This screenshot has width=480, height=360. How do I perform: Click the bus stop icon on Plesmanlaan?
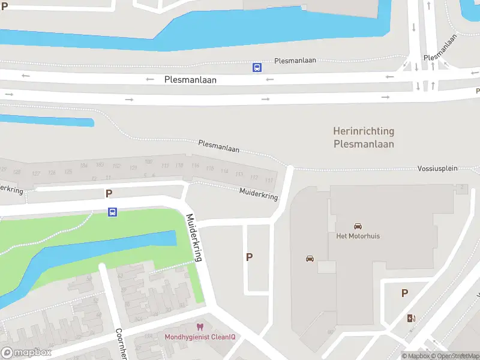(x=257, y=68)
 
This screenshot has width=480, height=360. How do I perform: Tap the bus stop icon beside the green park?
(x=112, y=212)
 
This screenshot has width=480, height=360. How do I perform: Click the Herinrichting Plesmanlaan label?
(x=364, y=137)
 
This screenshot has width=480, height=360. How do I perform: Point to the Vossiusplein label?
(x=437, y=169)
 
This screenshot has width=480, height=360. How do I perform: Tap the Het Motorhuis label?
(x=358, y=236)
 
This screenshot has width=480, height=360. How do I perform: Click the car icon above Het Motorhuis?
(x=358, y=226)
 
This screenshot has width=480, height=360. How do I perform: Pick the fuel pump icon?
(x=411, y=318)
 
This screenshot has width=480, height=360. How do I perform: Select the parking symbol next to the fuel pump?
(x=405, y=293)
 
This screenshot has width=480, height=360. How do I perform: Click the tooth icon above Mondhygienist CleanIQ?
(x=200, y=327)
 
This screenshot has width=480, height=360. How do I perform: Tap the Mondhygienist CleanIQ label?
(x=200, y=337)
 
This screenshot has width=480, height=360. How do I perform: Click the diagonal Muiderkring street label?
(x=195, y=237)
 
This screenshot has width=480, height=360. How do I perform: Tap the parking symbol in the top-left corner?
(x=5, y=7)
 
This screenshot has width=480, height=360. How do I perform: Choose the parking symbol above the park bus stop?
(x=109, y=193)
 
